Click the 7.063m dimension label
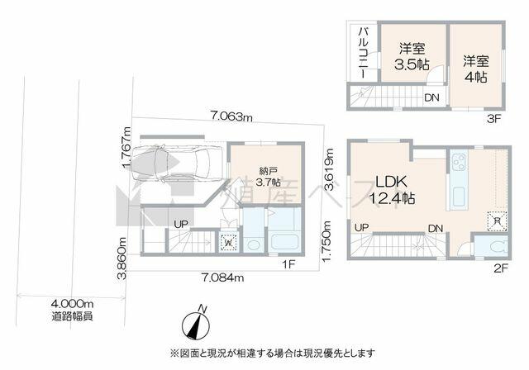[224, 116]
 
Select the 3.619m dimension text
[328, 169]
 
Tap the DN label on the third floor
[431, 97]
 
